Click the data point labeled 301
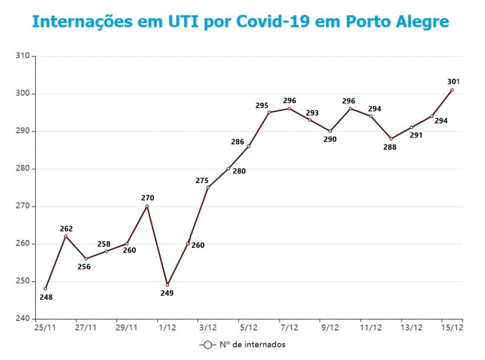click(x=452, y=90)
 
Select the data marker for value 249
click(x=167, y=285)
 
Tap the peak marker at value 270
click(x=147, y=206)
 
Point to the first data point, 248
click(x=45, y=288)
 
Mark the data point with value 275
click(x=208, y=187)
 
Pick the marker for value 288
click(x=391, y=139)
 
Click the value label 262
click(x=66, y=228)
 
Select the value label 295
click(x=262, y=105)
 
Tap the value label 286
click(x=238, y=142)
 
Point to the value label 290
click(x=330, y=139)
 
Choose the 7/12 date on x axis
click(x=289, y=327)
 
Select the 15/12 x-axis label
click(x=452, y=327)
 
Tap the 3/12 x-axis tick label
click(x=208, y=327)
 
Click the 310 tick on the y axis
click(x=22, y=56)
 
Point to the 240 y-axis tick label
click(x=22, y=319)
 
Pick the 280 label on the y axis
click(x=22, y=168)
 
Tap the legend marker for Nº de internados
click(x=208, y=344)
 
